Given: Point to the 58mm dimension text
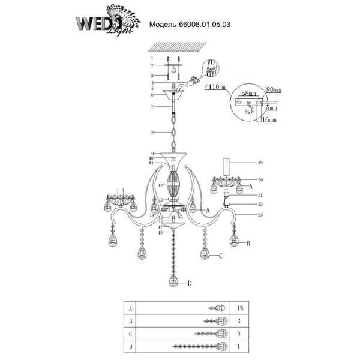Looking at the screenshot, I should tap(246, 95).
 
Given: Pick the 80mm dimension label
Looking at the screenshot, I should tap(273, 89).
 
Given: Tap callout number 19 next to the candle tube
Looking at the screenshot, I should tap(260, 163).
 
